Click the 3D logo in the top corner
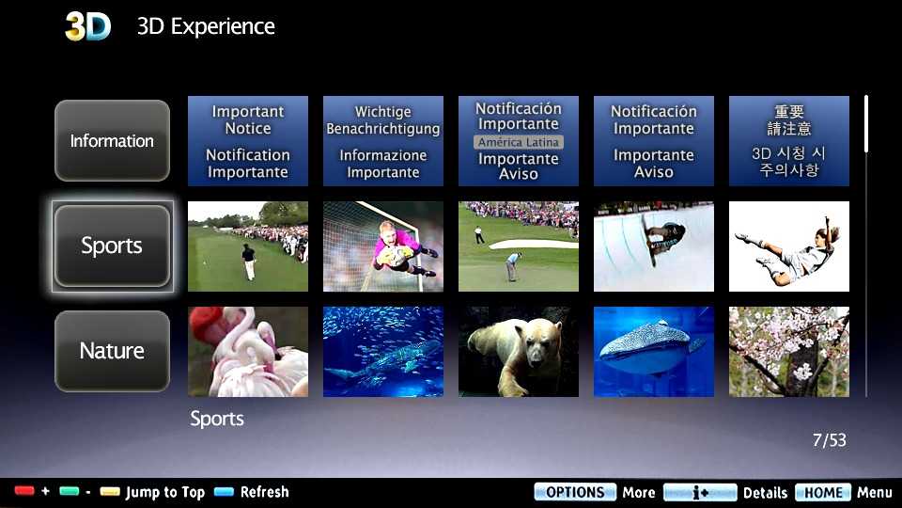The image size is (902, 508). [x=87, y=26]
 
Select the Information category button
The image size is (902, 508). [x=112, y=141]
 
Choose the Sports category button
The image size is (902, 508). [x=112, y=246]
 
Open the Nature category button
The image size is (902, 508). [x=112, y=351]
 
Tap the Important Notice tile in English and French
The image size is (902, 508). [x=248, y=141]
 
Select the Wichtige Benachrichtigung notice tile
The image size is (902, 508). [x=383, y=141]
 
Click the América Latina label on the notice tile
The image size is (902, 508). [x=518, y=142]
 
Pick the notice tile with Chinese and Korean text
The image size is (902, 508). [x=789, y=141]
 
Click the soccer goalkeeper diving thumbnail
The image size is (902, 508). [x=383, y=246]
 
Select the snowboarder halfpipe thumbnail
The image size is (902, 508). [x=654, y=246]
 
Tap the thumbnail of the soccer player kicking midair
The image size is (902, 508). [x=789, y=246]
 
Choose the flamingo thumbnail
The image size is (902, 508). [x=248, y=351]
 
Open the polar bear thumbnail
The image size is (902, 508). [x=519, y=351]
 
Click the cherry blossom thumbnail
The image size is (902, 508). [x=789, y=351]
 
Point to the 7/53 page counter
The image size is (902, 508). [x=829, y=440]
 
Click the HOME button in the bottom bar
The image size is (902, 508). [x=822, y=492]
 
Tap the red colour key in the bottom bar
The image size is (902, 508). [x=24, y=492]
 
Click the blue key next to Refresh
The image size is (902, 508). [x=224, y=492]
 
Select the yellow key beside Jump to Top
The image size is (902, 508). [x=110, y=492]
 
